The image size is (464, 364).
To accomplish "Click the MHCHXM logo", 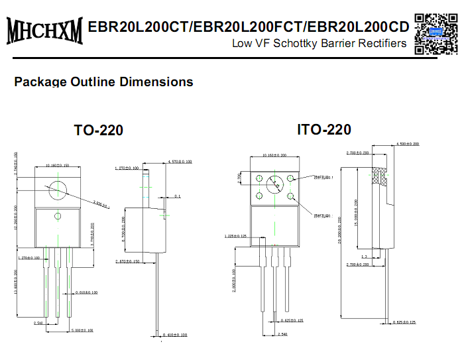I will point(44,31).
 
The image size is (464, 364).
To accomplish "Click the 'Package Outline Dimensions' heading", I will point(103,82).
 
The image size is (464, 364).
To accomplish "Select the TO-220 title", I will point(98,131).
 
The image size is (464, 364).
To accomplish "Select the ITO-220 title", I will point(323,129).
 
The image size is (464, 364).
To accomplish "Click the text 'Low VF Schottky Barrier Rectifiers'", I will point(319,44).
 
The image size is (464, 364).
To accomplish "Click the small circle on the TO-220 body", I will point(58,216).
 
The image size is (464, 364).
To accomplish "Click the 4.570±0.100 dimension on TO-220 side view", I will point(180,161).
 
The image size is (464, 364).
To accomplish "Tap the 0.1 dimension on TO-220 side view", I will point(178,196).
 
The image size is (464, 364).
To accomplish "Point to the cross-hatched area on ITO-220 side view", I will point(380,175).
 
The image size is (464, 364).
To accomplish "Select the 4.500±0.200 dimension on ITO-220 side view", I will point(408,144).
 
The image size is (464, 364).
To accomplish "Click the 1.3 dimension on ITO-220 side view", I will point(364,256).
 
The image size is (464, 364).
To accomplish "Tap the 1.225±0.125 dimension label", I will point(235,236).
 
